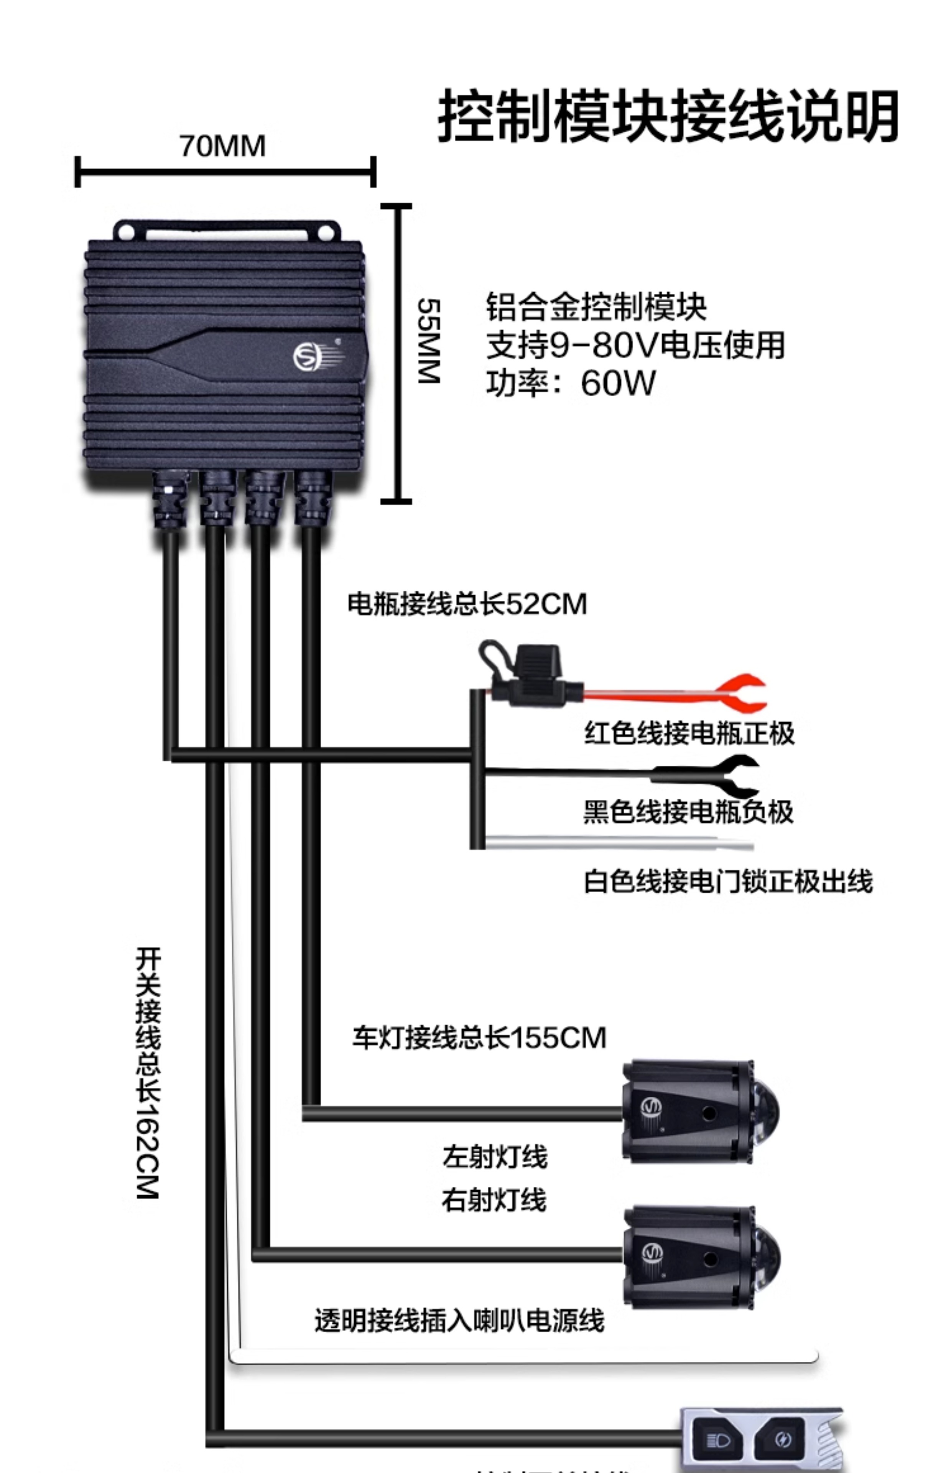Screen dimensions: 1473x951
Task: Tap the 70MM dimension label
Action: [222, 147]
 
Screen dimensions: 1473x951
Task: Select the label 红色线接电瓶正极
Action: [689, 734]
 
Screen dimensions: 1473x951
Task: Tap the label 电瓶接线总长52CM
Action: [467, 605]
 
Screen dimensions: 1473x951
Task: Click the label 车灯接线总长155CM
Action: [479, 1038]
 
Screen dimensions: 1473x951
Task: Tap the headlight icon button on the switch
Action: [717, 1441]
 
